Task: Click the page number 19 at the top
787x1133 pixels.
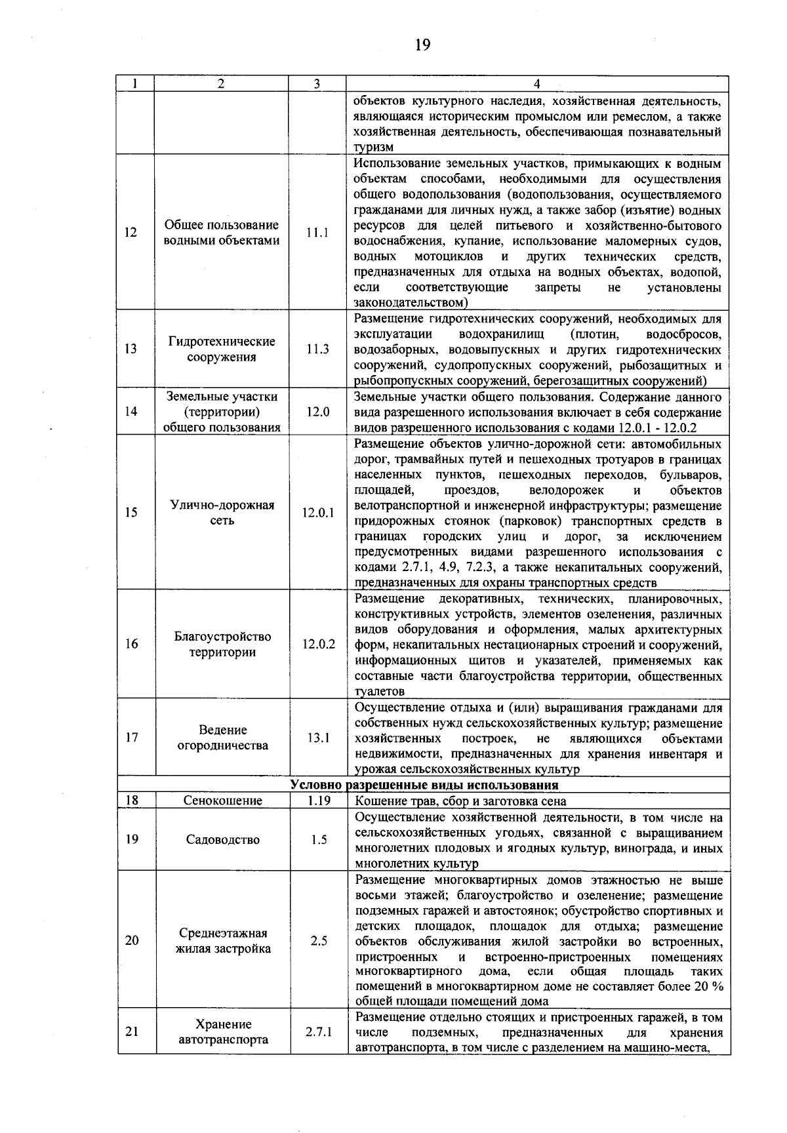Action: [422, 45]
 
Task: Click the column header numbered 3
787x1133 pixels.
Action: [317, 83]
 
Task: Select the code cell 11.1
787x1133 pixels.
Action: [317, 233]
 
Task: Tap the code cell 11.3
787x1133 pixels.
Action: [317, 349]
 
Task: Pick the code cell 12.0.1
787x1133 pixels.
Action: [318, 513]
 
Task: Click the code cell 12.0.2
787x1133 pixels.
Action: [318, 644]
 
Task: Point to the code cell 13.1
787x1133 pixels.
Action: [318, 738]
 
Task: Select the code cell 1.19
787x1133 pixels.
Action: [318, 801]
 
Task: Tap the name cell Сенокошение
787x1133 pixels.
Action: [222, 801]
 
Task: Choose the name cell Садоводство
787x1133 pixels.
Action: [222, 840]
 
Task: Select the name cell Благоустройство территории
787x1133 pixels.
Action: [222, 644]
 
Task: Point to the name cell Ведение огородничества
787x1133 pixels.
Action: [222, 738]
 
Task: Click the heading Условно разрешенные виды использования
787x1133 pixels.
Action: [424, 785]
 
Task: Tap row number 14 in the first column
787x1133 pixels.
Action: [132, 412]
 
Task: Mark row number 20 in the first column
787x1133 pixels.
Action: [132, 940]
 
